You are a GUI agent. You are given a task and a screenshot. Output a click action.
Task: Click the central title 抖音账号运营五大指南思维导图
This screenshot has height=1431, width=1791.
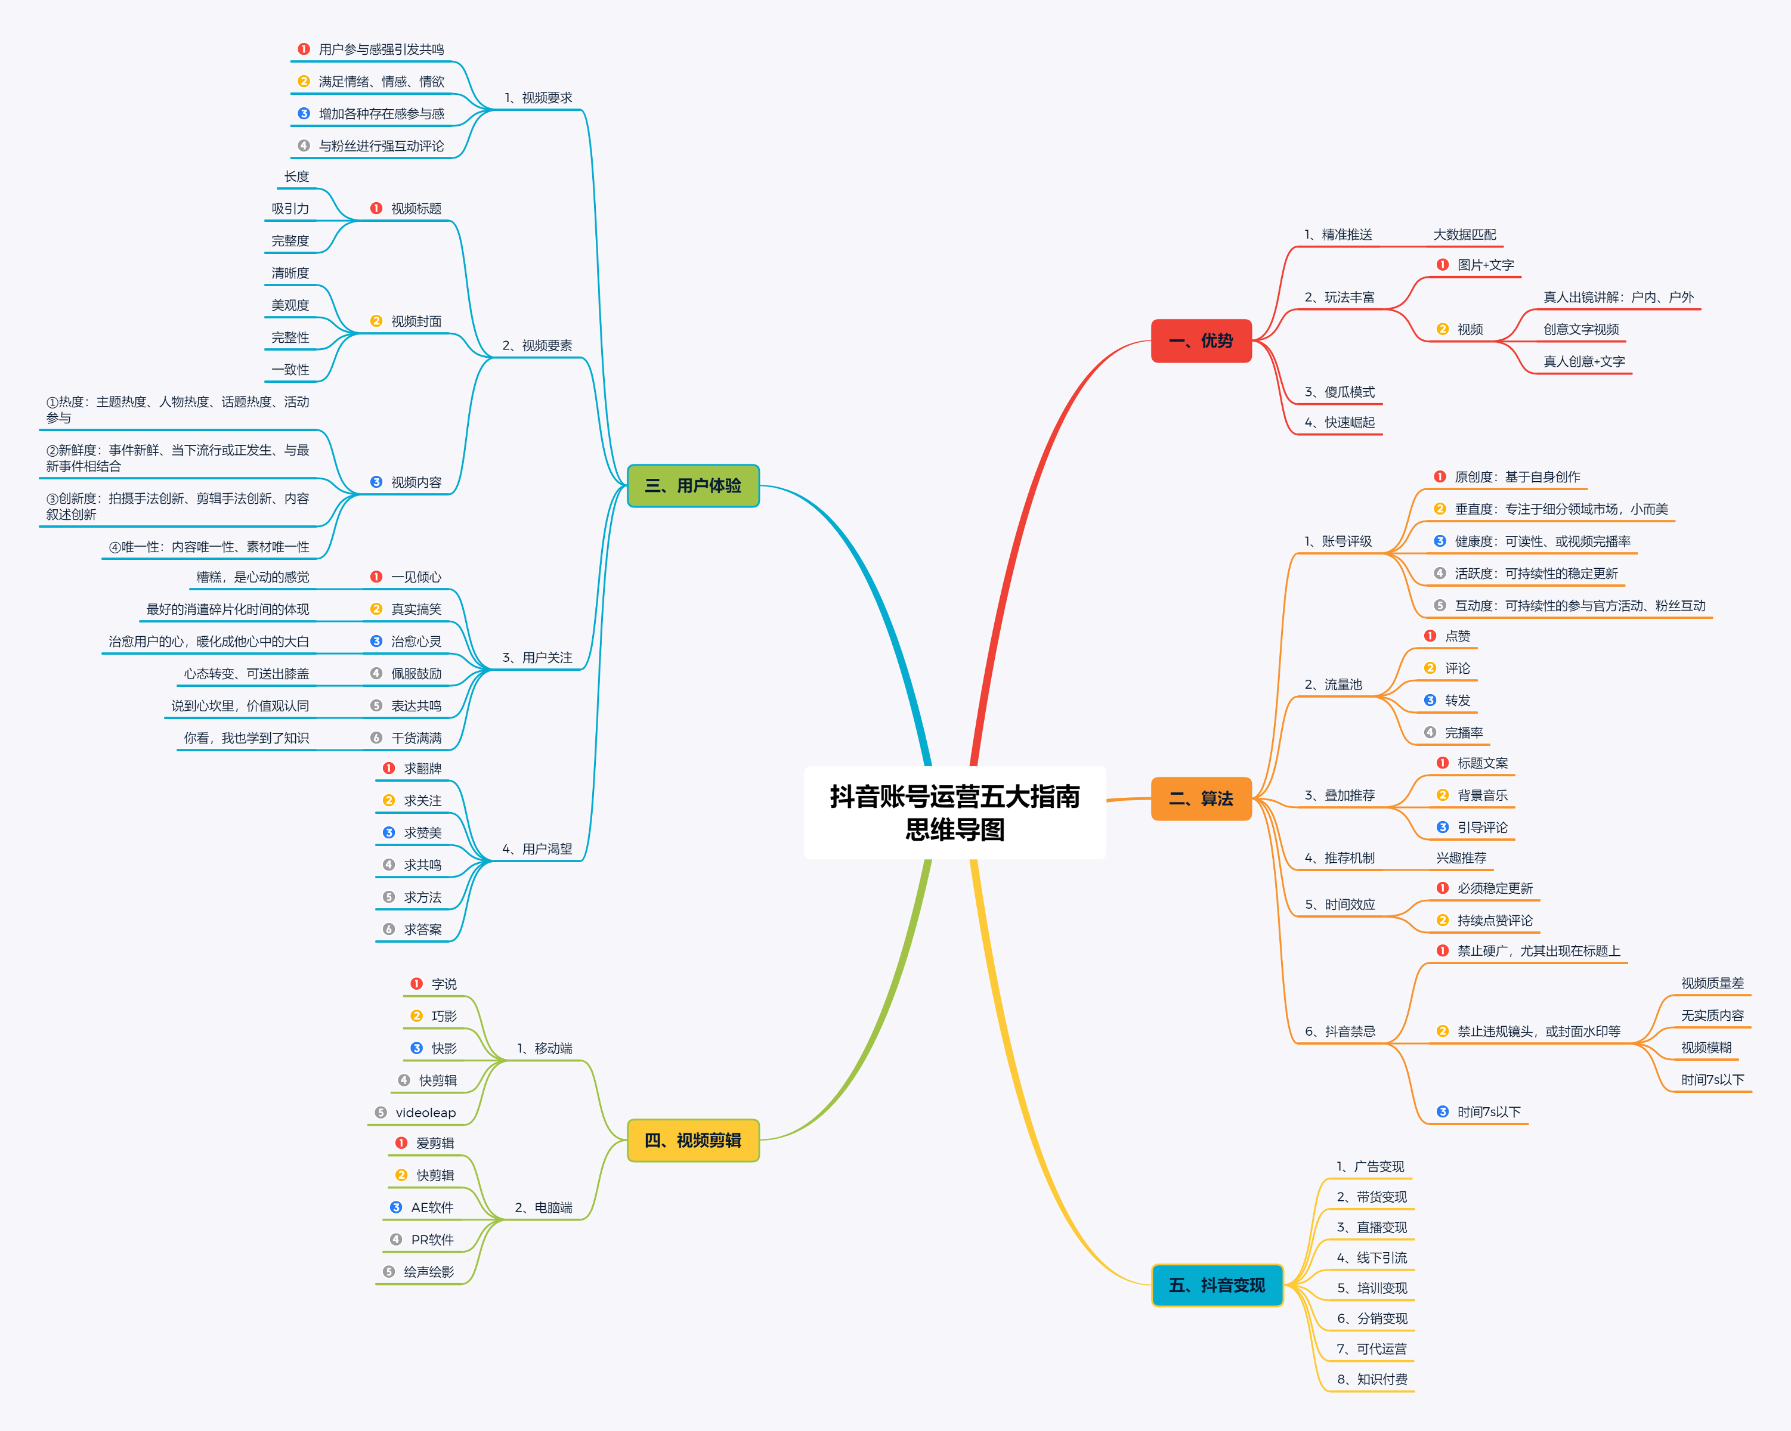click(x=954, y=812)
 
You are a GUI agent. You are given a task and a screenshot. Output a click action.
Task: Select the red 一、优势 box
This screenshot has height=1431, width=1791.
click(x=1201, y=340)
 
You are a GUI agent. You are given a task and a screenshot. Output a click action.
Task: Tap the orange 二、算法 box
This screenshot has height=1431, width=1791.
click(x=1201, y=798)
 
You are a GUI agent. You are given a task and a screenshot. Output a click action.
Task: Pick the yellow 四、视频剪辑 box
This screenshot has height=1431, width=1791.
click(x=693, y=1140)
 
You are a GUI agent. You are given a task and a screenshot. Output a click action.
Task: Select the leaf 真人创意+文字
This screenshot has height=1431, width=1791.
click(x=1583, y=361)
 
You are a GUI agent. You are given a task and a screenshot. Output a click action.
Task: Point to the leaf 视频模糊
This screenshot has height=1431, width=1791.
click(x=1706, y=1047)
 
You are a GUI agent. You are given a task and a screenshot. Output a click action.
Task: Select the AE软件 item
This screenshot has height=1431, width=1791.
click(x=432, y=1207)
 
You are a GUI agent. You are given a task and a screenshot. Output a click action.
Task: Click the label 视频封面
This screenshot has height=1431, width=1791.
click(x=416, y=321)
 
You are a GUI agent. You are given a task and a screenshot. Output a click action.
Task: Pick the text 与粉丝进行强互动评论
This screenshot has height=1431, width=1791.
click(x=381, y=146)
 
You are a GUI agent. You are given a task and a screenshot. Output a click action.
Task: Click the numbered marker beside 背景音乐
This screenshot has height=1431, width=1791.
click(x=1442, y=795)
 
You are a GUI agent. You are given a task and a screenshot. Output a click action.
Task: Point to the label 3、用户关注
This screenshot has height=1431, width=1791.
click(x=537, y=658)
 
